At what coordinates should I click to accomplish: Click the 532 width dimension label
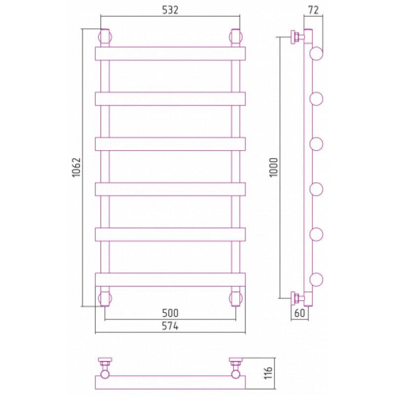170,10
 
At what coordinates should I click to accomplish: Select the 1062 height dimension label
76,167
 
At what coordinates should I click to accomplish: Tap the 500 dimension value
170,313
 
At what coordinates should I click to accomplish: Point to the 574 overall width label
170,326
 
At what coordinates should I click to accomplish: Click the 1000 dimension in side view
274,167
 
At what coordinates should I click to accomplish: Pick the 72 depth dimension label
314,10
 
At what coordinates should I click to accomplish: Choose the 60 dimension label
300,313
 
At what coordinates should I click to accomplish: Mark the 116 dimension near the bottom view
269,373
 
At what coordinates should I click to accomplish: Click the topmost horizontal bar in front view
170,54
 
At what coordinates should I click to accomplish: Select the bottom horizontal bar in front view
170,279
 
